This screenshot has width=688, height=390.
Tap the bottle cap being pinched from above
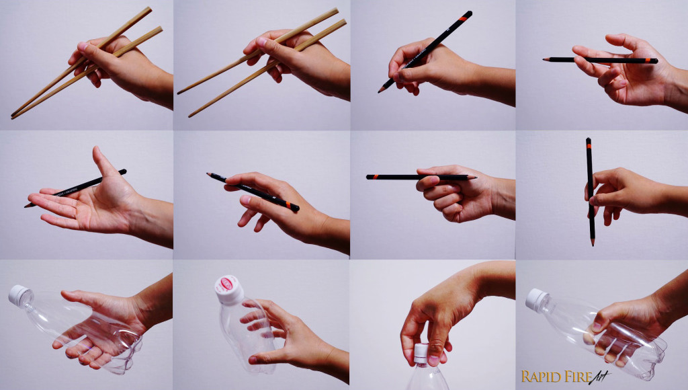coord(421,353)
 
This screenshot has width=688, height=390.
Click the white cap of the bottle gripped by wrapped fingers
coord(537,299)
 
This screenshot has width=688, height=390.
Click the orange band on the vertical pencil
coord(589,143)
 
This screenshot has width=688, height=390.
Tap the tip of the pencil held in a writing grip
coord(380,91)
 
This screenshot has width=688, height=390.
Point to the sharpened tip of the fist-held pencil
coord(475,178)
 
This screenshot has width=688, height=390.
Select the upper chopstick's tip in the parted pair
coord(179,92)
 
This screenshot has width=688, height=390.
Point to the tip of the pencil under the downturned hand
coord(208,174)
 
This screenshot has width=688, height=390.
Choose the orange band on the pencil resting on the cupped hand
coord(650,61)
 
